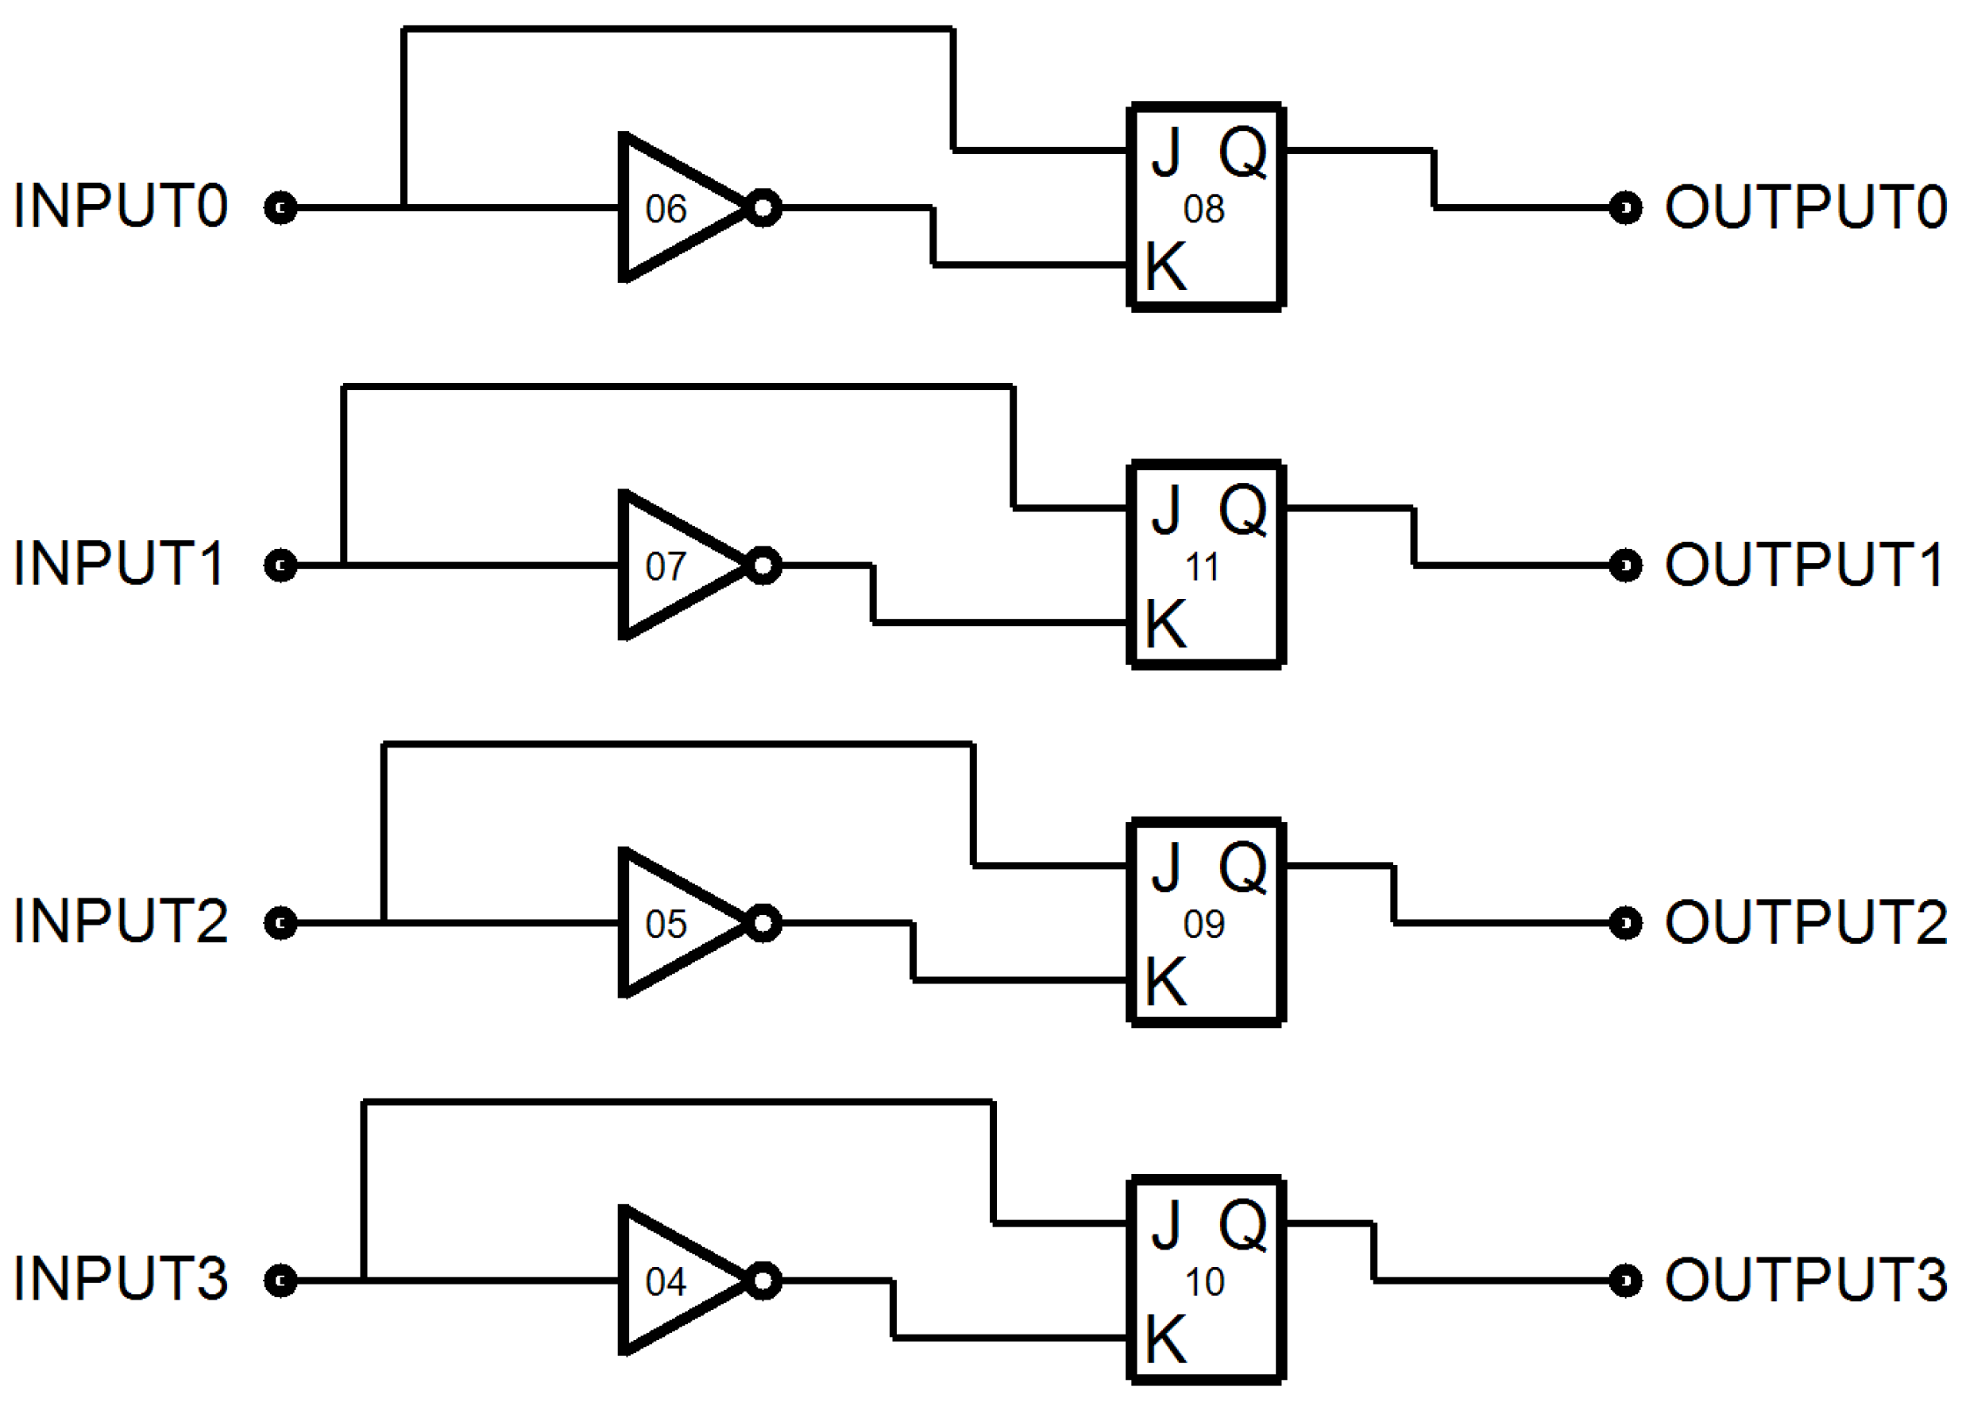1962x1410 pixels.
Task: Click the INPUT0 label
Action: (x=120, y=207)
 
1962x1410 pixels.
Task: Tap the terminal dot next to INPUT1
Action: (x=280, y=566)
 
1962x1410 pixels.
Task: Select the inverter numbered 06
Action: (x=674, y=207)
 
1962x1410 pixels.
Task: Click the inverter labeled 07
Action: (x=674, y=566)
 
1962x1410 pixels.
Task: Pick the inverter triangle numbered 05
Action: (x=674, y=923)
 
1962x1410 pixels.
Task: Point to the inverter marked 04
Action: (x=674, y=1281)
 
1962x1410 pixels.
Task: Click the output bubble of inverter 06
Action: (x=763, y=207)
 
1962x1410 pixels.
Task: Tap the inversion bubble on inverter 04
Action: (x=763, y=1281)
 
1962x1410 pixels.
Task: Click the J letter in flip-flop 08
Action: (x=1166, y=153)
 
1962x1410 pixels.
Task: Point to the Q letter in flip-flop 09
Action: (x=1242, y=867)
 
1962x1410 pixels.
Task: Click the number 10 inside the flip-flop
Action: (x=1204, y=1282)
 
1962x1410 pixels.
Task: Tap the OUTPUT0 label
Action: (x=1806, y=207)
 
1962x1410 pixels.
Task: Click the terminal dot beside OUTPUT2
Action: (x=1625, y=923)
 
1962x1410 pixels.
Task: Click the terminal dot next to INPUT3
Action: (x=280, y=1281)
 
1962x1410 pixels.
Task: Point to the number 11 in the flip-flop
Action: (x=1203, y=567)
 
